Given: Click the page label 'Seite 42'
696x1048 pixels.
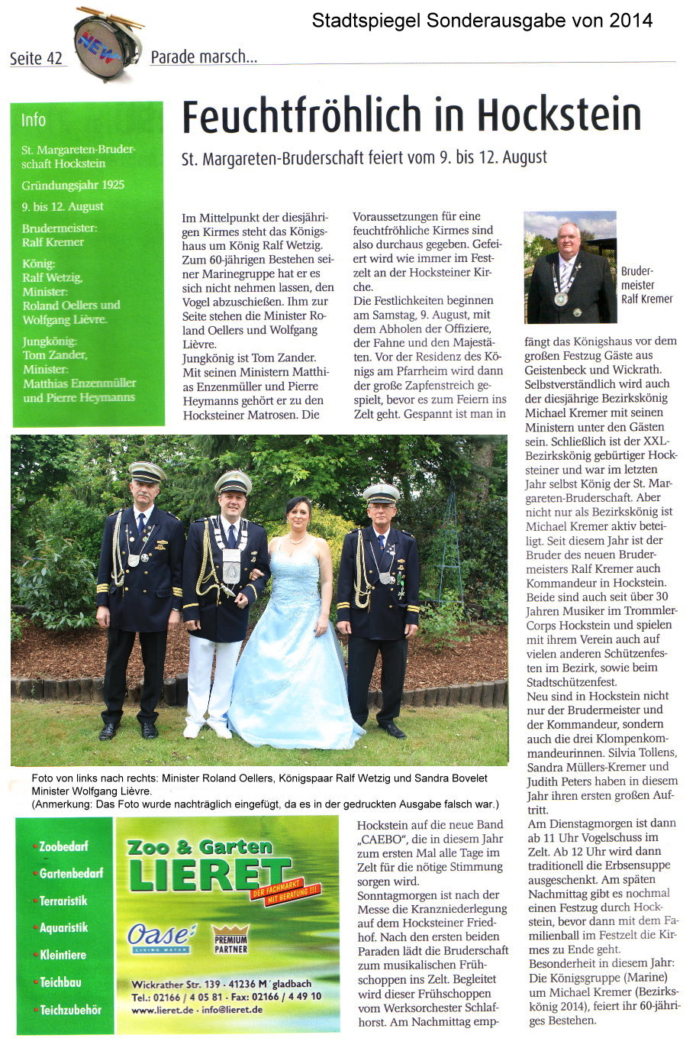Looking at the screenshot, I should tap(36, 59).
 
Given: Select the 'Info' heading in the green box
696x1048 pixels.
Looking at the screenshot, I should tap(34, 120).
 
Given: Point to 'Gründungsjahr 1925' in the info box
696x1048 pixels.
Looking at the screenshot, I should tap(73, 185).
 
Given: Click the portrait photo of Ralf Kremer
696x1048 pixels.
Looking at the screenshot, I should tap(570, 267).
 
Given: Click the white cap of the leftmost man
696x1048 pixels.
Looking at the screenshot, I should tap(147, 471).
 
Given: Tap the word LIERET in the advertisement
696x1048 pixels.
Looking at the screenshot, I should tap(210, 874).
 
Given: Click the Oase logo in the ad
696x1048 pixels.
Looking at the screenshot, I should tap(161, 936).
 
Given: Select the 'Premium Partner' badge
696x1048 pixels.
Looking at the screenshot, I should tap(230, 943).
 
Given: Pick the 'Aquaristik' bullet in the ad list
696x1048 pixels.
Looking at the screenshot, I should tap(63, 927).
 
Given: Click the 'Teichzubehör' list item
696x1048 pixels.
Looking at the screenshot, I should tap(70, 1009).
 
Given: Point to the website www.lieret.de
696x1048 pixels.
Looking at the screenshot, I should tap(163, 1009).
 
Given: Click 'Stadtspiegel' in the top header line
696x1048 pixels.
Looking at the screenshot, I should tap(358, 21).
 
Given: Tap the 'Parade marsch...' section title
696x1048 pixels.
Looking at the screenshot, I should tap(204, 57).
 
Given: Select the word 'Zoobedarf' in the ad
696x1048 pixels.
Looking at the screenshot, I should tap(63, 846).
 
